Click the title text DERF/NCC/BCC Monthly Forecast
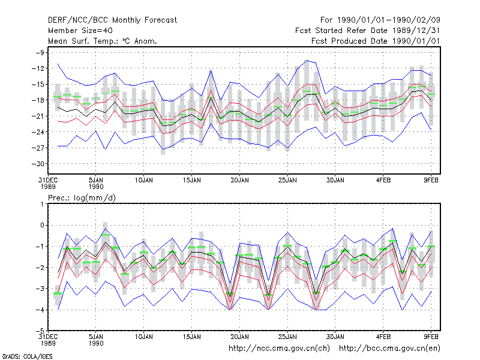tap(112, 20)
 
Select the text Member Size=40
tap(80, 31)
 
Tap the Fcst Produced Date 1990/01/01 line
tap(376, 41)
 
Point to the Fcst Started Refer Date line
tap(367, 31)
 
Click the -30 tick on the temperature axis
tap(38, 164)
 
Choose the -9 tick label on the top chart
tap(40, 53)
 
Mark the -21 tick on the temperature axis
tap(38, 116)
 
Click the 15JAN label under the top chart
tap(192, 181)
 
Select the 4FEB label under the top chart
tap(383, 181)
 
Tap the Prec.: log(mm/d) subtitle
tap(82, 198)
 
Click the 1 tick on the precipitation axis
tap(42, 204)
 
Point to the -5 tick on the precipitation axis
tap(40, 331)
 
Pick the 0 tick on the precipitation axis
tap(42, 226)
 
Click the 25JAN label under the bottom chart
tap(287, 337)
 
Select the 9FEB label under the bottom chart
tap(431, 337)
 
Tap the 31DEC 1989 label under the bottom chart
tap(48, 340)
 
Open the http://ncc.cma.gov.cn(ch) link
tap(279, 349)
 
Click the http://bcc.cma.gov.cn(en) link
tap(389, 349)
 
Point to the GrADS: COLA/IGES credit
tap(27, 356)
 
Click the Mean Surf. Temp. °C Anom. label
tap(103, 41)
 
